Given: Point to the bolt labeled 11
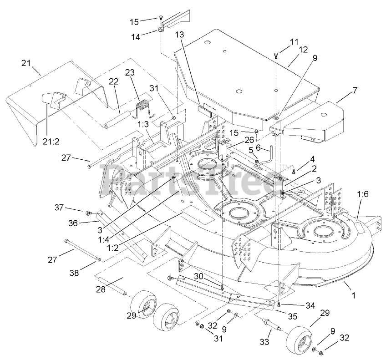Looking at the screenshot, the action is [x=277, y=56].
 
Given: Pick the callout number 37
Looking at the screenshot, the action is [x=72, y=208].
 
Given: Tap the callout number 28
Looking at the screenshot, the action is [x=102, y=288].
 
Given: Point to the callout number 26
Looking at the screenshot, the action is [x=236, y=139].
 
